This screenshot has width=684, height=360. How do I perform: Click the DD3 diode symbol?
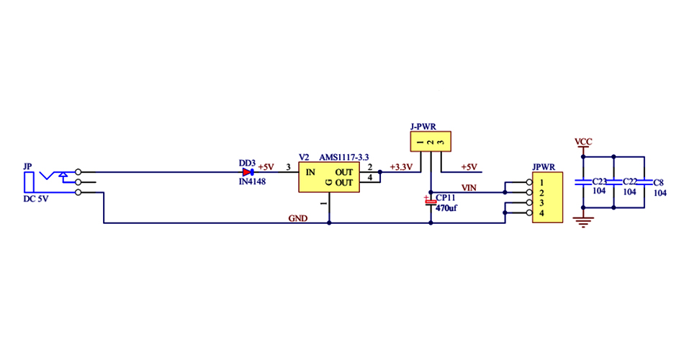point(248,173)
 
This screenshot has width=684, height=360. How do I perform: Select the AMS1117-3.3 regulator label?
point(344,157)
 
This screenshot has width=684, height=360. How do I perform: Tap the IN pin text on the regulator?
point(310,173)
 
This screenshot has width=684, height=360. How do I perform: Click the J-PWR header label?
point(423,127)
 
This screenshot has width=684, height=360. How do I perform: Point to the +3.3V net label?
point(400,167)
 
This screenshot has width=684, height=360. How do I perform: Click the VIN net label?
point(469,188)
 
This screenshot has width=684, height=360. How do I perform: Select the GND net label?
point(297,217)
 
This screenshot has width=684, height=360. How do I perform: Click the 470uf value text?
point(446,208)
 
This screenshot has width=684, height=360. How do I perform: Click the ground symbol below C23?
point(584,222)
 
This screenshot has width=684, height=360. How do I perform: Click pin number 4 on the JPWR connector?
point(541,215)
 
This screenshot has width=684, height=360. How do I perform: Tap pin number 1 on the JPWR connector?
point(541,184)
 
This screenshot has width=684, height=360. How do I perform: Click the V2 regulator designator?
point(304,157)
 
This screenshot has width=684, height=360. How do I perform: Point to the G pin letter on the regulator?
point(328,183)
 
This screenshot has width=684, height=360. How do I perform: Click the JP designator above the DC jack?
point(28,166)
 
